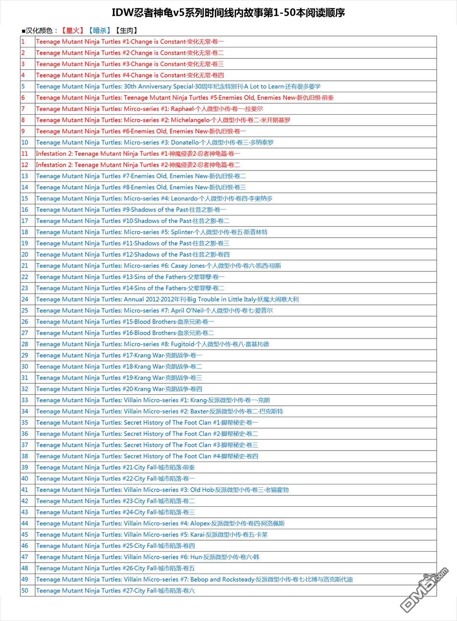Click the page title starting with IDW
(228, 13)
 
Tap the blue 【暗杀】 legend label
(99, 30)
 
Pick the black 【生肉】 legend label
(126, 30)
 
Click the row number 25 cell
(25, 310)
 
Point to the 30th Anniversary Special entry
(178, 86)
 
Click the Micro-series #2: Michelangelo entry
(163, 120)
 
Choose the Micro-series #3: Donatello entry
(154, 143)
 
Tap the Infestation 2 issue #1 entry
(138, 154)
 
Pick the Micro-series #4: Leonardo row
(154, 198)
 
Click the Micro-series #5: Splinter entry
(151, 232)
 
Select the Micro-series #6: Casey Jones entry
(158, 266)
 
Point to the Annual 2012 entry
(167, 300)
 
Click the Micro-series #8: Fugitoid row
(152, 344)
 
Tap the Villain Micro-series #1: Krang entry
(153, 400)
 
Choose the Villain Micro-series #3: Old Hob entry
(162, 490)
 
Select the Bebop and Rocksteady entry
(194, 580)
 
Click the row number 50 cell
(25, 591)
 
